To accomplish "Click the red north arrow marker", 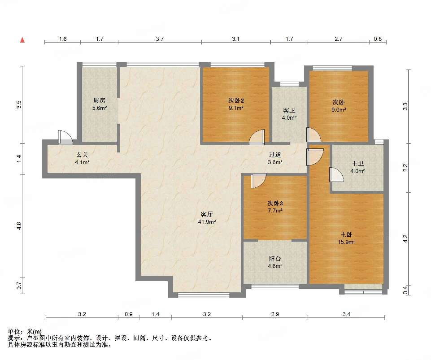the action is tap(23, 40).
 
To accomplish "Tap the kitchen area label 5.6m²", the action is tap(100, 108).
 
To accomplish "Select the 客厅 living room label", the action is tap(207, 214).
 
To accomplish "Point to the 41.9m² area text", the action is tap(207, 221).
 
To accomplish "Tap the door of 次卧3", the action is tap(258, 181).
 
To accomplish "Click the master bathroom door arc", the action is tap(336, 175).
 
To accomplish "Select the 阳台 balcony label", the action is tap(275, 259).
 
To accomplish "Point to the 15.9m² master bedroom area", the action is tap(346, 242).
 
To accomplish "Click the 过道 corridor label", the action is tap(275, 155).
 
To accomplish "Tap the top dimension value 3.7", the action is tap(160, 39).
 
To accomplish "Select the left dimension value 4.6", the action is tap(19, 226).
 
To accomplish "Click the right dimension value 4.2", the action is tap(405, 238).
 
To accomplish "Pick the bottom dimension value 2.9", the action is tap(275, 314).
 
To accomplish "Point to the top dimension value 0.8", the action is tap(378, 39).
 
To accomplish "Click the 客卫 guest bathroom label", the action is tap(289, 110).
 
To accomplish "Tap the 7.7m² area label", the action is tap(275, 211).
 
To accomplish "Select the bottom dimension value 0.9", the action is tap(129, 314).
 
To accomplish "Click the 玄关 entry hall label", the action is tap(83, 155).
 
